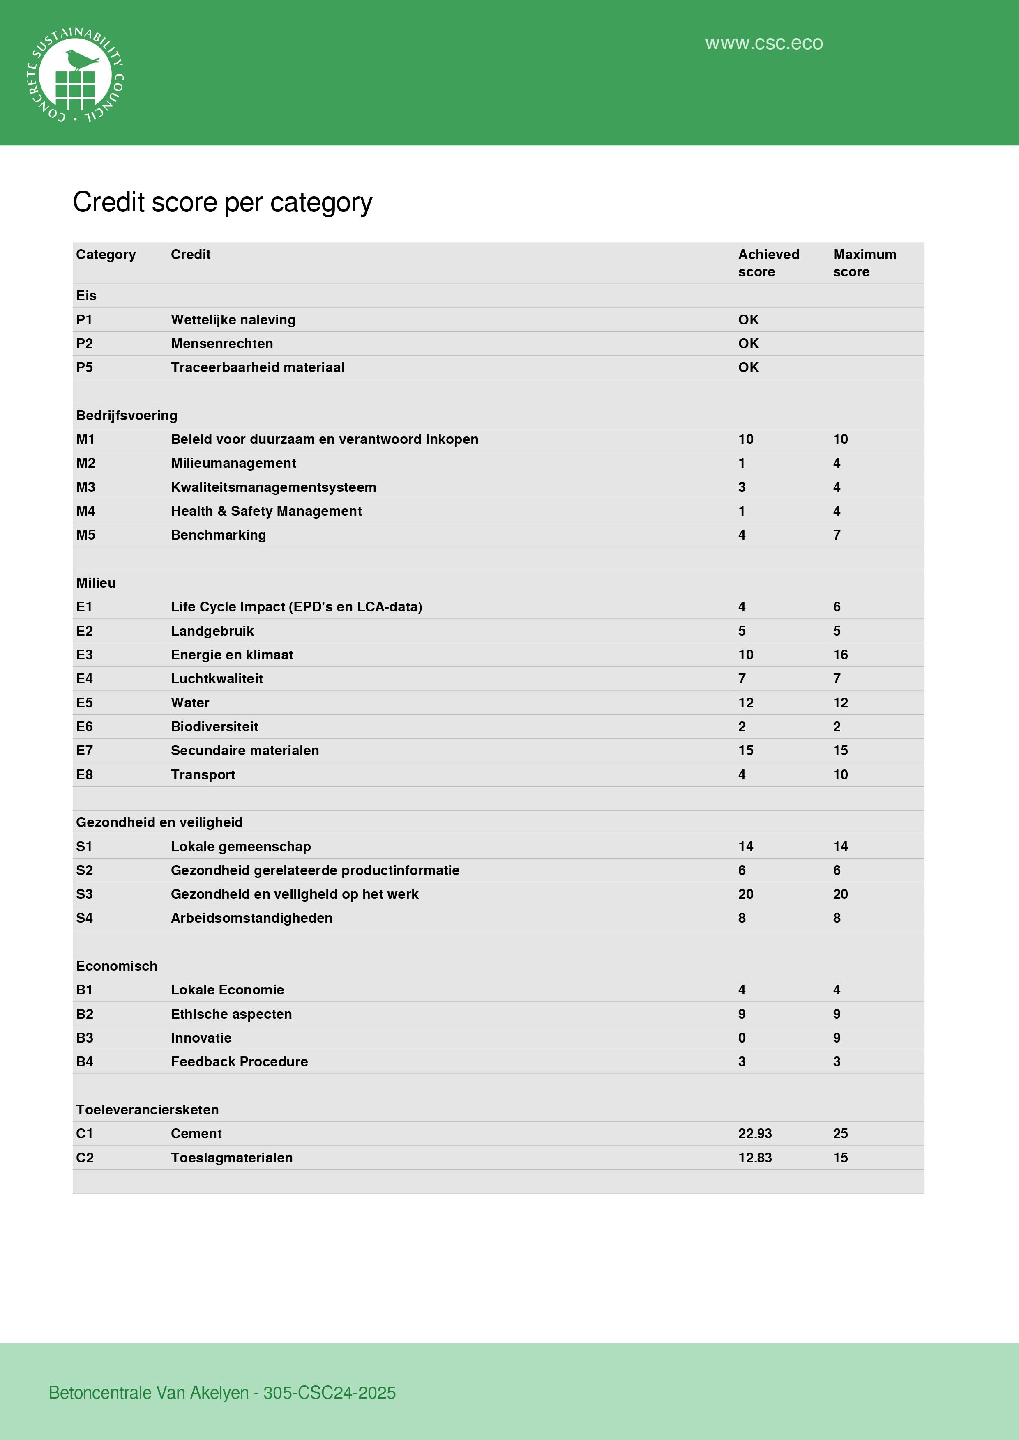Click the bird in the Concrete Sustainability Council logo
(x=82, y=60)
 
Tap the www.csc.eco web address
(x=763, y=43)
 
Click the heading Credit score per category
(x=223, y=202)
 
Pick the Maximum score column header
(x=864, y=263)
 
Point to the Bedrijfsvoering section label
(x=127, y=415)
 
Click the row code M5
(x=86, y=535)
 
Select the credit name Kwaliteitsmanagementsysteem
(x=274, y=487)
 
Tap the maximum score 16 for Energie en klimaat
(x=840, y=655)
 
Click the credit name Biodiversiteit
(x=214, y=726)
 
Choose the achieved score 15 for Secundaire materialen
(x=745, y=750)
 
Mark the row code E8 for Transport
(x=85, y=774)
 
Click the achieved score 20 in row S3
(x=745, y=894)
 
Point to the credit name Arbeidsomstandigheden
(x=251, y=918)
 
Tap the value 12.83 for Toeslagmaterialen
(x=755, y=1158)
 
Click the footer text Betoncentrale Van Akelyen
(x=149, y=1392)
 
